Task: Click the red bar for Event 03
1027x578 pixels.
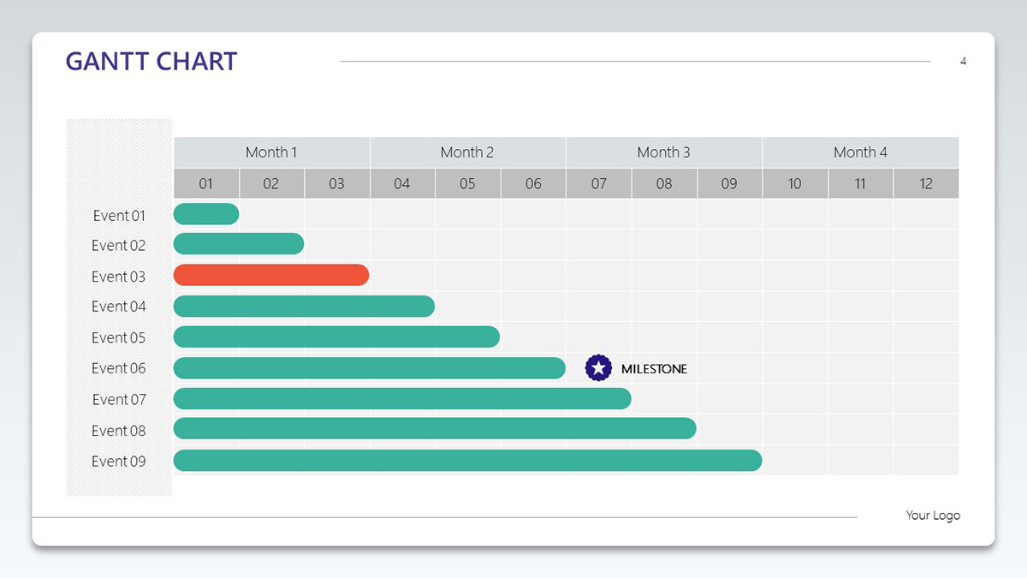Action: point(271,275)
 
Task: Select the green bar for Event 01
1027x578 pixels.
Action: point(206,214)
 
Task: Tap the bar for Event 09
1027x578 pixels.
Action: point(467,460)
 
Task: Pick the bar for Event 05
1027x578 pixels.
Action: point(336,337)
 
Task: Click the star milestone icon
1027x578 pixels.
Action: point(598,368)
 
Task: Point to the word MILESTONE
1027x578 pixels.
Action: point(654,369)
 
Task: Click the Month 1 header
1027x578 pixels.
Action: point(271,152)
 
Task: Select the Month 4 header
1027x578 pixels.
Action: point(861,152)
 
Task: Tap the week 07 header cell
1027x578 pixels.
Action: point(599,183)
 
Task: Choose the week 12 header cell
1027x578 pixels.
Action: point(926,183)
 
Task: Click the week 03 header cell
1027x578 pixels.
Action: point(336,183)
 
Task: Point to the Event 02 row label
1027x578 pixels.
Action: point(118,246)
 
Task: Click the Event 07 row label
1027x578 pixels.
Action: point(119,400)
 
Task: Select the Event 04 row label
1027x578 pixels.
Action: point(118,307)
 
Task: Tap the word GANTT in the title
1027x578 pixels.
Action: point(107,62)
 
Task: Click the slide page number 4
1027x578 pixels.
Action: point(964,62)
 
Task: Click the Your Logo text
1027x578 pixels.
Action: point(933,515)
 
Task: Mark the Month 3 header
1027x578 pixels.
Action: point(664,152)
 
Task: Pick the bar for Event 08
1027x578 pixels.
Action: point(435,428)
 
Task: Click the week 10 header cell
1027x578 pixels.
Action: point(795,183)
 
